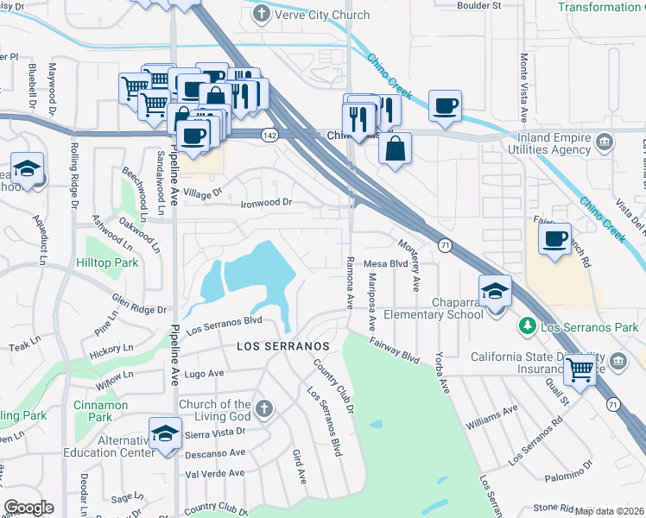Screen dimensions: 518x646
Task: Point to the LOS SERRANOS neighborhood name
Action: click(x=283, y=345)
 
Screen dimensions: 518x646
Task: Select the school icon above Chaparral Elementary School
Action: click(x=496, y=290)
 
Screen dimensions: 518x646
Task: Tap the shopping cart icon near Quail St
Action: click(x=582, y=369)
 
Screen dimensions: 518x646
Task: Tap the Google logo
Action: click(x=28, y=508)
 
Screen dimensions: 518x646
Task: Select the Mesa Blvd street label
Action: click(x=385, y=263)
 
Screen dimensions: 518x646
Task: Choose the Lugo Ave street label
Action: click(x=204, y=374)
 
